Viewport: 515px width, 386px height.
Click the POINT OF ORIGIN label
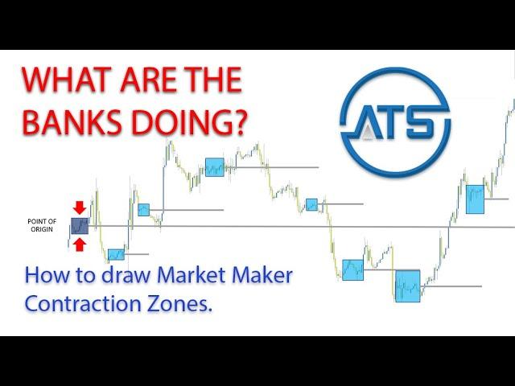(x=42, y=225)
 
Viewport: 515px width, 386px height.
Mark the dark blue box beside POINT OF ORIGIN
(x=80, y=226)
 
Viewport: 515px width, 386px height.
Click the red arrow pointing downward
(x=79, y=207)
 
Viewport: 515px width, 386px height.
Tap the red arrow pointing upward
(x=79, y=244)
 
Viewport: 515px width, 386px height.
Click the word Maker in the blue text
(x=262, y=275)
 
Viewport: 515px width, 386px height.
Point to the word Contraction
(x=83, y=304)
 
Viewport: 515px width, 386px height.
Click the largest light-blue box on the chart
(x=408, y=286)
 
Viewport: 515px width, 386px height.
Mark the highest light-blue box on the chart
(x=215, y=167)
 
